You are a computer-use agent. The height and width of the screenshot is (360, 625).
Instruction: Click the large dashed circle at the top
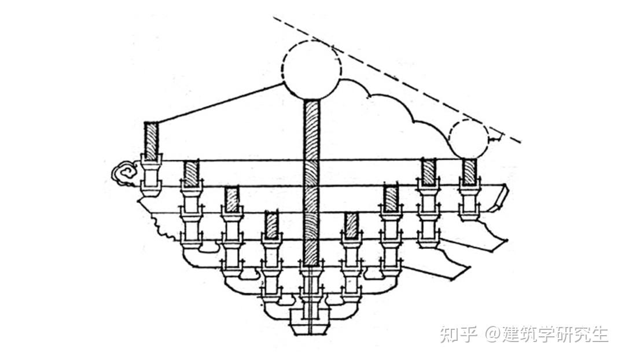click(x=311, y=69)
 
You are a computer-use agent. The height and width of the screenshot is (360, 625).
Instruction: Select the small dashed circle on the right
click(x=469, y=139)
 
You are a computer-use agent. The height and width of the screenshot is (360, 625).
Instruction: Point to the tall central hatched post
click(x=311, y=179)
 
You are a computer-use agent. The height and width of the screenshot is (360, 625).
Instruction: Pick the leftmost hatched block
click(x=151, y=141)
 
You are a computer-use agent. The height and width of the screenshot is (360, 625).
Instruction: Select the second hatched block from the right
click(x=428, y=171)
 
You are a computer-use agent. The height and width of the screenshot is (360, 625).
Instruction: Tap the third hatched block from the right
click(x=391, y=199)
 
